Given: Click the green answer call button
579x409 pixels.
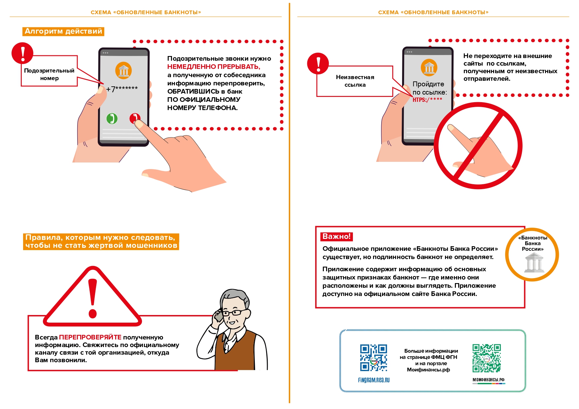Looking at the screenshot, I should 112,118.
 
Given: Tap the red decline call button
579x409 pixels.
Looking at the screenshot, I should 134,118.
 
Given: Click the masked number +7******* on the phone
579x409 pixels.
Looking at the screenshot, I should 122,89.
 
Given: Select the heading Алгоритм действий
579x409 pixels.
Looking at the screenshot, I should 63,31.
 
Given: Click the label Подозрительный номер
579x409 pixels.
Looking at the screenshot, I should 49,74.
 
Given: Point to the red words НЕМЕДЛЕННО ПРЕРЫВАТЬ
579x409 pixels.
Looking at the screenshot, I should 214,67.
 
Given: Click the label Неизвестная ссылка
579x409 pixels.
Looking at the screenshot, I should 355,81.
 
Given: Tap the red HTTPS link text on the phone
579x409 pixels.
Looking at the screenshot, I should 427,100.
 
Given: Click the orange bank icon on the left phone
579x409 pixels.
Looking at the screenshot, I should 123,70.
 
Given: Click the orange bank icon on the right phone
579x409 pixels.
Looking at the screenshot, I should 429,68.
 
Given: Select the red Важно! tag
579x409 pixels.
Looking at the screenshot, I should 336,236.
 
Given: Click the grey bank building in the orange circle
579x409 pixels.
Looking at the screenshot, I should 534,263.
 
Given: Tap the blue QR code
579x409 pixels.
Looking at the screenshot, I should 373,358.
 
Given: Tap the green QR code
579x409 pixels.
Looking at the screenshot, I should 486,358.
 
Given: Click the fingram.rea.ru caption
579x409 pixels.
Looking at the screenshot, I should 374,380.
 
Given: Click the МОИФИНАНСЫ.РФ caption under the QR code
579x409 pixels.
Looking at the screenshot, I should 488,380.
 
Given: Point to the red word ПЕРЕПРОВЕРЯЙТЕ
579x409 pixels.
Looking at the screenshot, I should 90,337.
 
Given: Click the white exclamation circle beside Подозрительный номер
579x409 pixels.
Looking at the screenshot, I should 22,53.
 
